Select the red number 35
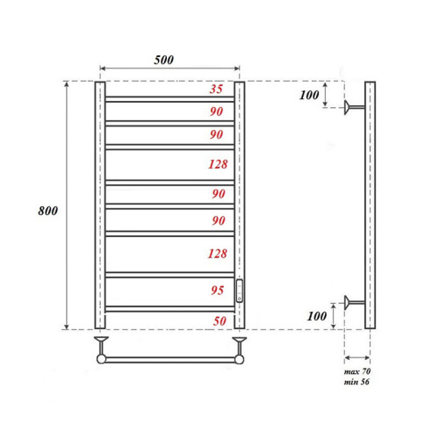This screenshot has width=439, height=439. pos(216,90)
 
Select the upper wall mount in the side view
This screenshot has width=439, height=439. pos(354,107)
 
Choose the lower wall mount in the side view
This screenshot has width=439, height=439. pos(354,304)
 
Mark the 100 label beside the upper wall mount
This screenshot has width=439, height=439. pos(308,95)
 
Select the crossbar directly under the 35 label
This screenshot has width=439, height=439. pos(169,97)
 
